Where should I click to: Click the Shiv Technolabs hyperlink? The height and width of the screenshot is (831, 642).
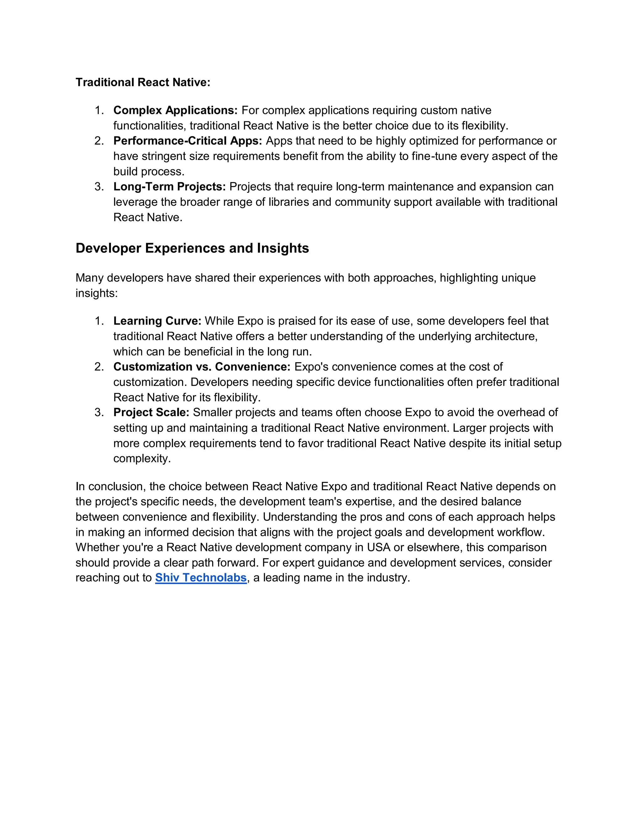click(201, 578)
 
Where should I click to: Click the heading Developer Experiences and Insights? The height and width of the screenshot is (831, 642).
click(192, 248)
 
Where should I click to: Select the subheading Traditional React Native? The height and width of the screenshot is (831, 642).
click(143, 82)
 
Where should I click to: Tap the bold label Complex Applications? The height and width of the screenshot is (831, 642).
click(175, 110)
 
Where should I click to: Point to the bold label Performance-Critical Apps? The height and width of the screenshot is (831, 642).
click(187, 141)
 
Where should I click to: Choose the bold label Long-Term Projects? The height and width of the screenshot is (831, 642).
click(170, 187)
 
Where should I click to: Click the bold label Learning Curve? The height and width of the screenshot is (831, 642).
click(157, 321)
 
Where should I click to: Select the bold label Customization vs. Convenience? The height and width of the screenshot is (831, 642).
click(202, 367)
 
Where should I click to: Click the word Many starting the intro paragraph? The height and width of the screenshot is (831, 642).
click(89, 278)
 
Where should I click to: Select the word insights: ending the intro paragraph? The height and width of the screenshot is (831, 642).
click(97, 294)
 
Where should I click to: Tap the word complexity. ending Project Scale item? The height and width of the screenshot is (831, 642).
click(142, 458)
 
